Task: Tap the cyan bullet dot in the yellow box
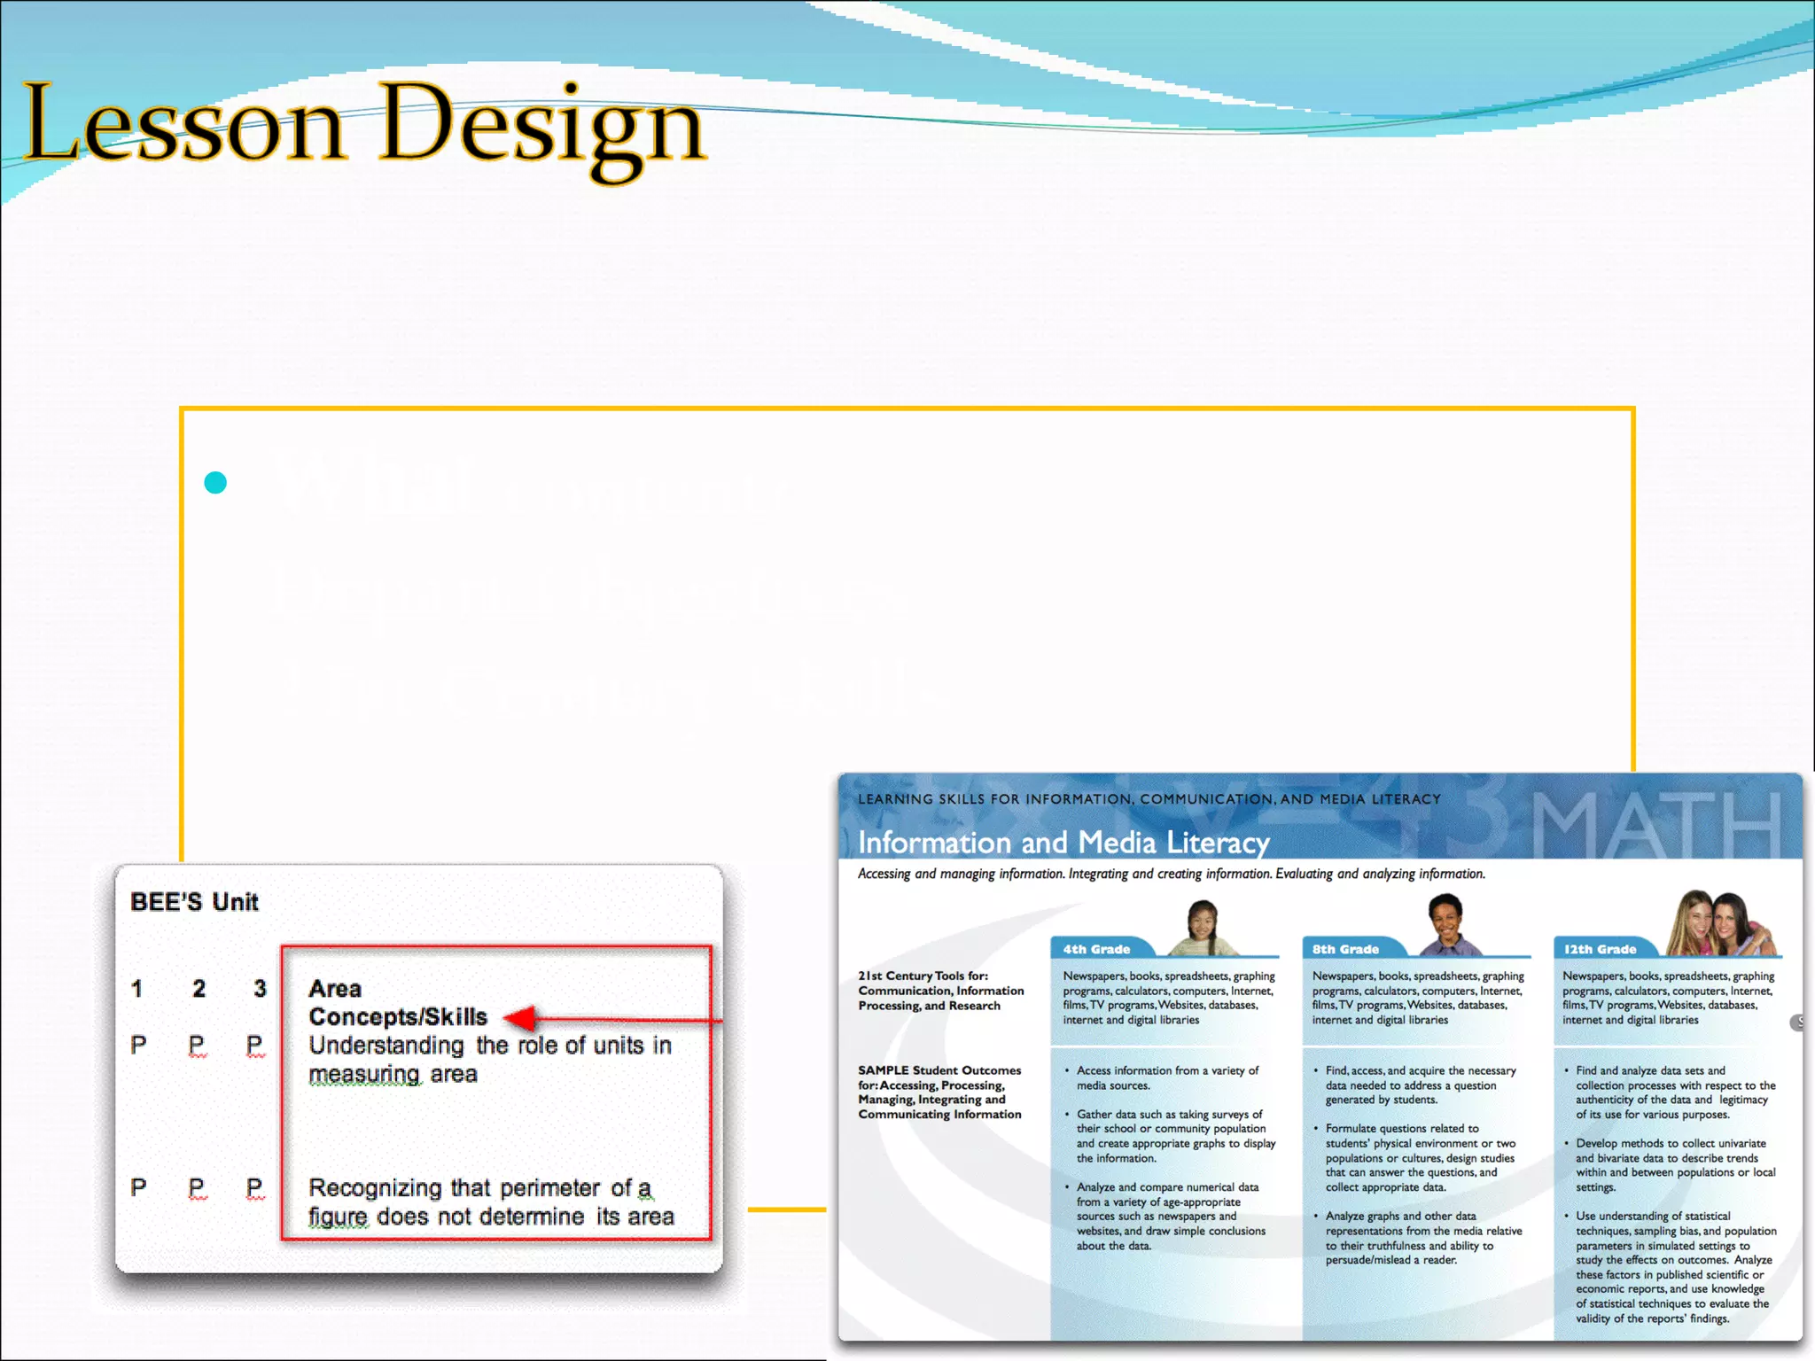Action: [x=215, y=482]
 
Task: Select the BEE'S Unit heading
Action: [x=194, y=902]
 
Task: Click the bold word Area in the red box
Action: [x=335, y=988]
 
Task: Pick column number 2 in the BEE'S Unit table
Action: [x=199, y=988]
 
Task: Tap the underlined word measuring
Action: [x=364, y=1074]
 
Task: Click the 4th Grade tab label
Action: [x=1096, y=949]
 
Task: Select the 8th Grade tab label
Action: [x=1345, y=949]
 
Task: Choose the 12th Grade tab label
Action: [x=1600, y=949]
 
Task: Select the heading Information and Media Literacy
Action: [x=1063, y=842]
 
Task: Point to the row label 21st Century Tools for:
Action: [x=923, y=976]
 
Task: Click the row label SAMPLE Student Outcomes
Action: [x=939, y=1070]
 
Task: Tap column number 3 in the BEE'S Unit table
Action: [x=260, y=988]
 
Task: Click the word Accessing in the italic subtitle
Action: [x=884, y=874]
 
